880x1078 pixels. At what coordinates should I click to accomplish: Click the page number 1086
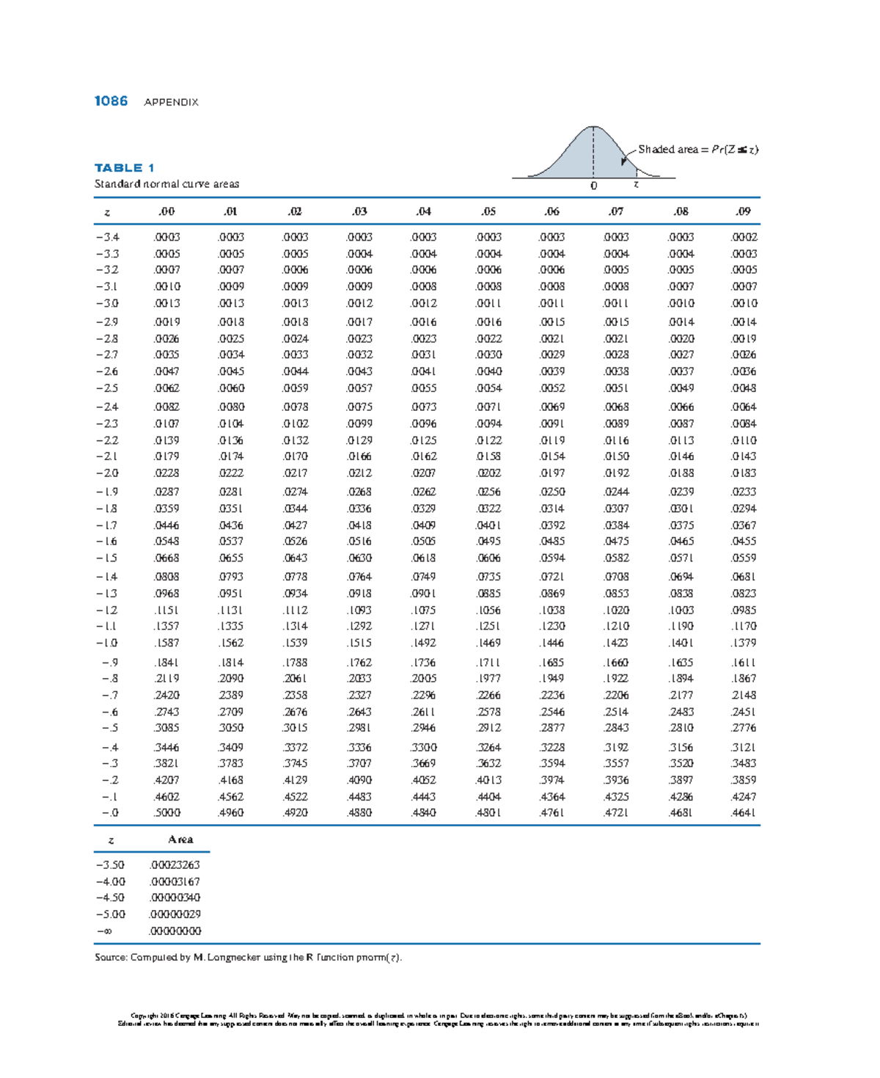111,101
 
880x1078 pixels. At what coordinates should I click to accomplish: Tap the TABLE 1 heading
124,168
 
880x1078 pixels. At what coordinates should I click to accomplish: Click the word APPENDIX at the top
171,102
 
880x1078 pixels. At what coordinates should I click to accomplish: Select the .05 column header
488,211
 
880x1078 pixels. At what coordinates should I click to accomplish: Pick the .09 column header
744,211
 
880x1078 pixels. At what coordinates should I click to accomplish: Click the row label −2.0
107,473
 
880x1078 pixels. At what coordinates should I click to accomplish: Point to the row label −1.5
107,558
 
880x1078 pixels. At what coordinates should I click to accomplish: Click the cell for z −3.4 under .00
167,237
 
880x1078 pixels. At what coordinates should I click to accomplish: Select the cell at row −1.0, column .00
167,643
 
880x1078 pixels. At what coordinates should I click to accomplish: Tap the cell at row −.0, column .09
744,813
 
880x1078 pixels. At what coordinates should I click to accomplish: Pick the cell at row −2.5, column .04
424,388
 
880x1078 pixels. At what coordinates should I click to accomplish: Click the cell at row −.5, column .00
167,728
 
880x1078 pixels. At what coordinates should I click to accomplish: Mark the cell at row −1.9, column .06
552,492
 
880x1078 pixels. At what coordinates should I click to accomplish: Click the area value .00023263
175,865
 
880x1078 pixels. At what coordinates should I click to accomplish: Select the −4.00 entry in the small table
110,882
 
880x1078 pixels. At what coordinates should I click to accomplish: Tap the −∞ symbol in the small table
104,931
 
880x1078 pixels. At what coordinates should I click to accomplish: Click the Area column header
180,840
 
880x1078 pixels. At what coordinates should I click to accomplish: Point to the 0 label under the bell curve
594,186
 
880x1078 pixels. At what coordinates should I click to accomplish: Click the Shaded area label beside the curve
667,150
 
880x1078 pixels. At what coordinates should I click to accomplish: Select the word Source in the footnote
110,958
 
